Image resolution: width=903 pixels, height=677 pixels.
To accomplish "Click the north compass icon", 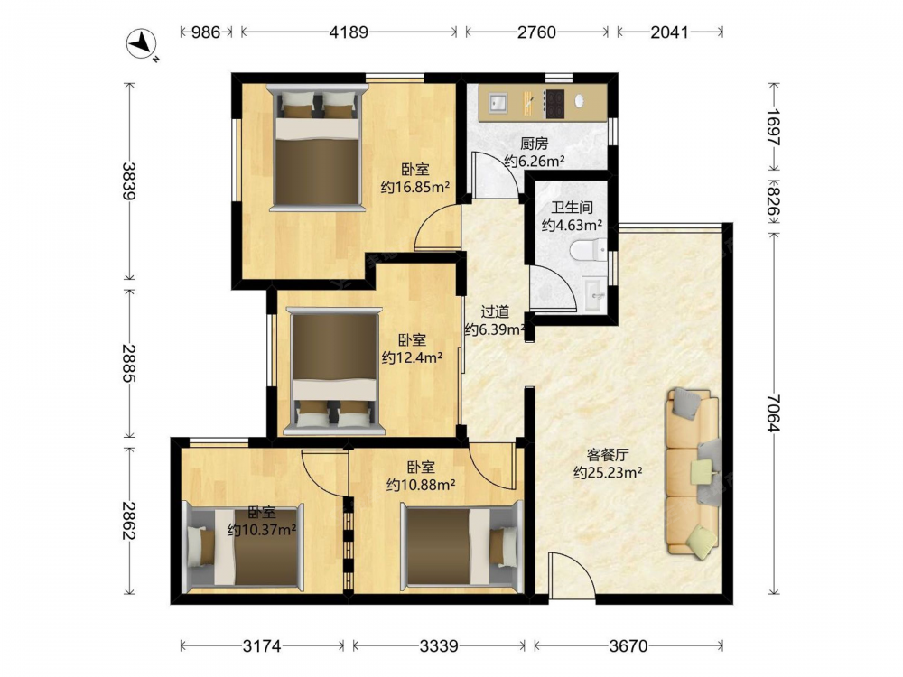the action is pos(142,44).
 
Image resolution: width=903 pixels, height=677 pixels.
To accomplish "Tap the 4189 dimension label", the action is pos(349,32).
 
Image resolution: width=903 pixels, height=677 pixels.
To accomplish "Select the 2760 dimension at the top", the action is pos(536,32).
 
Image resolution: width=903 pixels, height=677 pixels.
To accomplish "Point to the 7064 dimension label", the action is pos(773,413).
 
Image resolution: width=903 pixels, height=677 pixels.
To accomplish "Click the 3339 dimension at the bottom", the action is pos(439,646).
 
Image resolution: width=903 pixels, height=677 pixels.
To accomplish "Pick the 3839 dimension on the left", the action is pos(129,181).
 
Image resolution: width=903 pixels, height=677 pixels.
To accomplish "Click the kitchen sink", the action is pos(498,103).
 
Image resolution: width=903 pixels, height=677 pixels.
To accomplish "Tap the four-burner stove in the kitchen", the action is pos(555,104).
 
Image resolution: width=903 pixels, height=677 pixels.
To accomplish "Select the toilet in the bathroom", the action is pos(587,250).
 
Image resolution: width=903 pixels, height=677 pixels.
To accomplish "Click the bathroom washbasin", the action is pos(594,295).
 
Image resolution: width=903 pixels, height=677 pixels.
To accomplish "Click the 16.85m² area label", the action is pos(415,187).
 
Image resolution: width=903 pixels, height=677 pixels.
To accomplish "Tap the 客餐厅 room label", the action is pos(608,455).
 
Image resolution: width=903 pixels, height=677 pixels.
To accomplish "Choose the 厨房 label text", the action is pos(535,144).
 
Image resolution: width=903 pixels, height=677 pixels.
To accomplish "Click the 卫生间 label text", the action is pos(572,208).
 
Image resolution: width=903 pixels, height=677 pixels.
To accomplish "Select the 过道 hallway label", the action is pos(495,311).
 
